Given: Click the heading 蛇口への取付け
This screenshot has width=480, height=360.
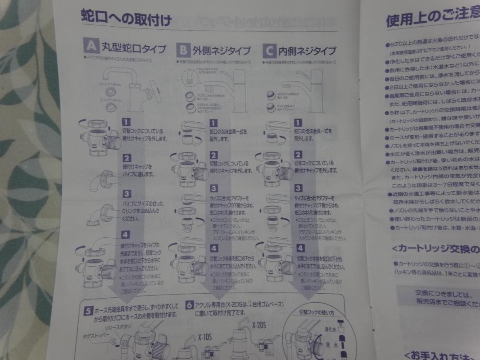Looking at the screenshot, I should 126,19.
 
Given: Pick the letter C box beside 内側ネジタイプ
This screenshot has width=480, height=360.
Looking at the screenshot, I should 269,50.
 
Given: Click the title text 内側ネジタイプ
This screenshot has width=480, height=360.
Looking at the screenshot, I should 307,51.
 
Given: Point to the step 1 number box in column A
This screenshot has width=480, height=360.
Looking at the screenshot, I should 126,121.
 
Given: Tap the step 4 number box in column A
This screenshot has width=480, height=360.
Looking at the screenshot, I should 126,234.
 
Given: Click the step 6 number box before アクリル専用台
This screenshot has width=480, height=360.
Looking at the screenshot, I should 189,305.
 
